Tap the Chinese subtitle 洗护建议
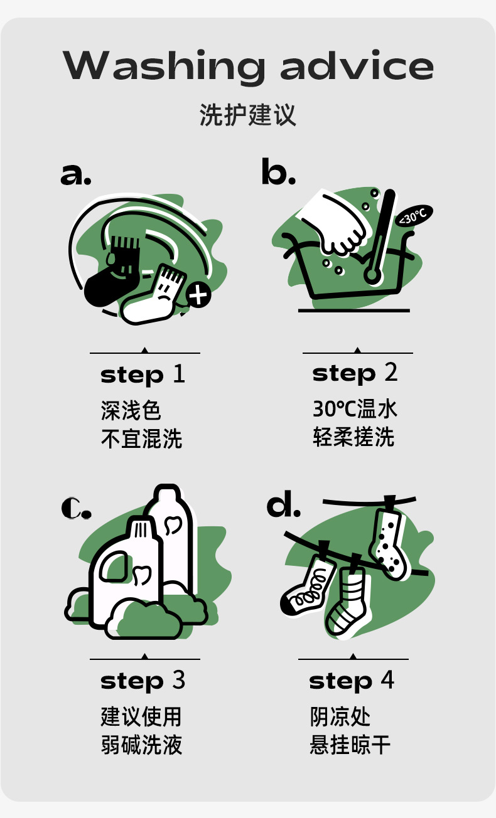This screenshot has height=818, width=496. [x=247, y=115]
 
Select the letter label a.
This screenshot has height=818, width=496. [x=76, y=174]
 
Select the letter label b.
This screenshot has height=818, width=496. [x=279, y=171]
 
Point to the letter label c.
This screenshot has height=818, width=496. [x=76, y=508]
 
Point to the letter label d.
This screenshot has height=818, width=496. [x=284, y=504]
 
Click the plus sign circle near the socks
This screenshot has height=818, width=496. [x=198, y=295]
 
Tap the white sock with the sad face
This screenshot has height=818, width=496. [x=154, y=296]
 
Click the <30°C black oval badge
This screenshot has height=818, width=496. [x=414, y=215]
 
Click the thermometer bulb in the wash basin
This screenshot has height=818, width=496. [x=372, y=274]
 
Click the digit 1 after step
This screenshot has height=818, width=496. [x=179, y=374]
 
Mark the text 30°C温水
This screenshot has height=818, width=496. [x=355, y=409]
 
